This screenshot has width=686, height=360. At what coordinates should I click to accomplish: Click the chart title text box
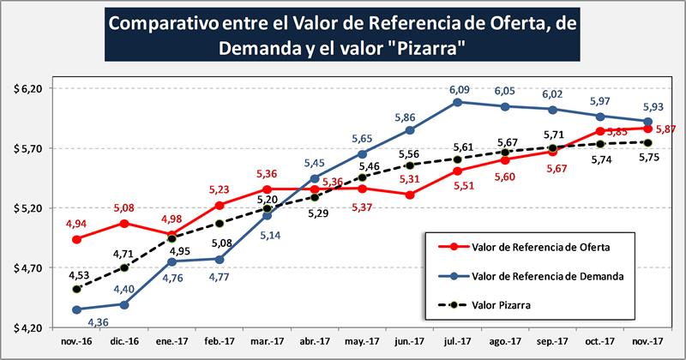342,37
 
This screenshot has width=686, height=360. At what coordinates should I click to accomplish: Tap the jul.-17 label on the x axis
457,341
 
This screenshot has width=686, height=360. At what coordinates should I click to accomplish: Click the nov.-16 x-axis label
76,341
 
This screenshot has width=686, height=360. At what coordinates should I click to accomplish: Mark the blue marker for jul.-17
458,102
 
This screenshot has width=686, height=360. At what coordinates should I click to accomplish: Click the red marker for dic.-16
124,223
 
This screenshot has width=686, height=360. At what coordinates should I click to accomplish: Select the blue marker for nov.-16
76,309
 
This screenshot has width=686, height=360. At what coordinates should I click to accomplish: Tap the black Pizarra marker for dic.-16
124,267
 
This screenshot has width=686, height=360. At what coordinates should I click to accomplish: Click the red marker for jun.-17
410,195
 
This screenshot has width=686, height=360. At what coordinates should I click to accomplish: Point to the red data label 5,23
220,190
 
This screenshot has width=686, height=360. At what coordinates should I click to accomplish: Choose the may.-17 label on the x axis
362,341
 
